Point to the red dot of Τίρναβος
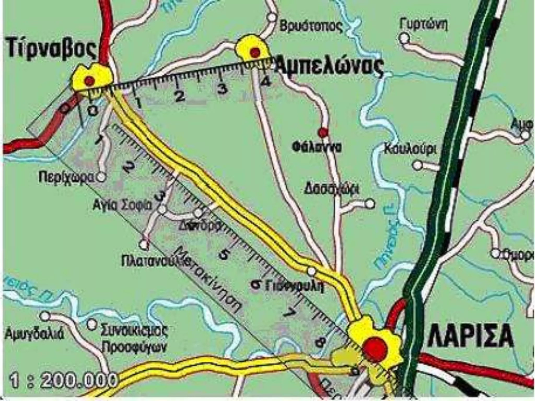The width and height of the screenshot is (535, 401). coord(89,80)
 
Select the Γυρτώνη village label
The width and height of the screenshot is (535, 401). coord(423,25)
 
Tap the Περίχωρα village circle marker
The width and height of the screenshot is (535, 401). coord(101,178)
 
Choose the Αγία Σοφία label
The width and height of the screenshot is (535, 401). coord(123,206)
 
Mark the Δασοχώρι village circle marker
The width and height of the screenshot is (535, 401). coord(370,203)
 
